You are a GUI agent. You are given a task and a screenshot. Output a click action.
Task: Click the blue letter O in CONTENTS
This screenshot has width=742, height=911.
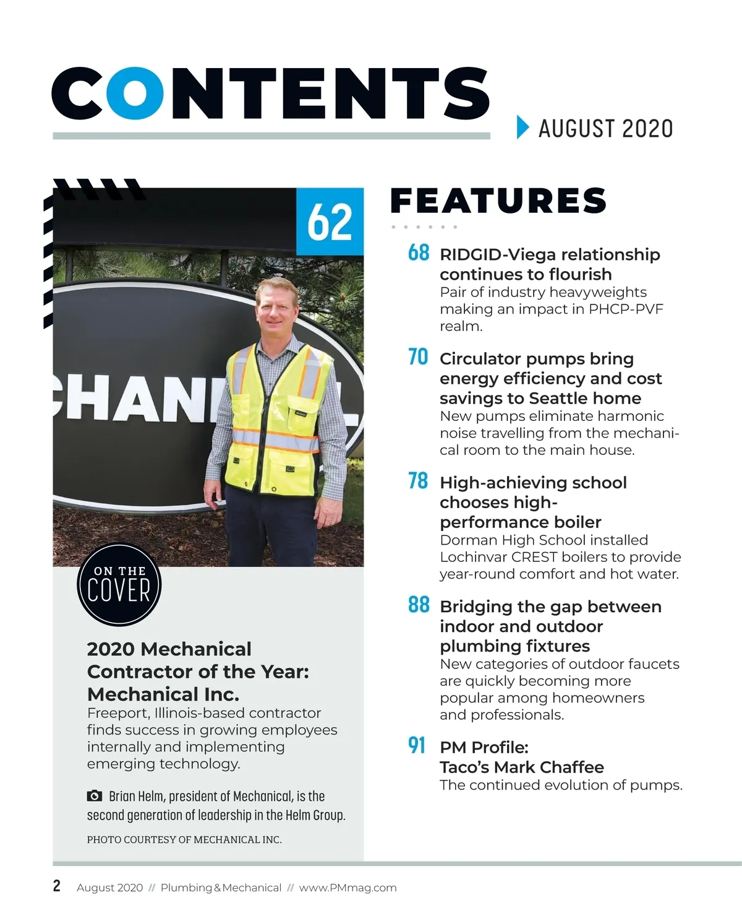tap(135, 93)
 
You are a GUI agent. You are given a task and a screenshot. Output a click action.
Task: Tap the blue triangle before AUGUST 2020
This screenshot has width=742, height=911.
tap(522, 127)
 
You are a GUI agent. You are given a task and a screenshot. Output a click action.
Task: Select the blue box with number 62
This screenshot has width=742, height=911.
tap(330, 222)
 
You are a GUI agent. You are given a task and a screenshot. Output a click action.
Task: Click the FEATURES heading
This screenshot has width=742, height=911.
tap(498, 201)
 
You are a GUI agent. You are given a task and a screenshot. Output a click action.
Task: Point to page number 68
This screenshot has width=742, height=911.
tap(419, 253)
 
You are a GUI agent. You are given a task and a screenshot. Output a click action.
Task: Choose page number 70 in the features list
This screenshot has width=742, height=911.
tap(418, 357)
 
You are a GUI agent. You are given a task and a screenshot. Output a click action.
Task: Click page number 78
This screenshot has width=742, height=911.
tap(418, 481)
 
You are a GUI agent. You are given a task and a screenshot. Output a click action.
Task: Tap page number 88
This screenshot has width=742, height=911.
tap(419, 605)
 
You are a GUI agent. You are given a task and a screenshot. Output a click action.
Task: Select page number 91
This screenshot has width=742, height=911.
tap(417, 745)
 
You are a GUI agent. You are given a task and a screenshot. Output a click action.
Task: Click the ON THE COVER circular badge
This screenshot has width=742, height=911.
tap(119, 585)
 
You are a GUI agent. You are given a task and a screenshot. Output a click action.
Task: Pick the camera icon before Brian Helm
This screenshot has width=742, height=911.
tap(95, 796)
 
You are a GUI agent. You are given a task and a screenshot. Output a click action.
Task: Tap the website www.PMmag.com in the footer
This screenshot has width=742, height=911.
tap(348, 887)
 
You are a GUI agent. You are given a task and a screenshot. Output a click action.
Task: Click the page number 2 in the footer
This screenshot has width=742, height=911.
tap(57, 886)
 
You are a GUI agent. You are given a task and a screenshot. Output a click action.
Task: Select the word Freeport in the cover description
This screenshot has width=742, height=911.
tap(117, 713)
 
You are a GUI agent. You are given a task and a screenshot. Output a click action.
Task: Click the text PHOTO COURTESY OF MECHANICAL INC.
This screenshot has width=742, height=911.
tap(184, 840)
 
